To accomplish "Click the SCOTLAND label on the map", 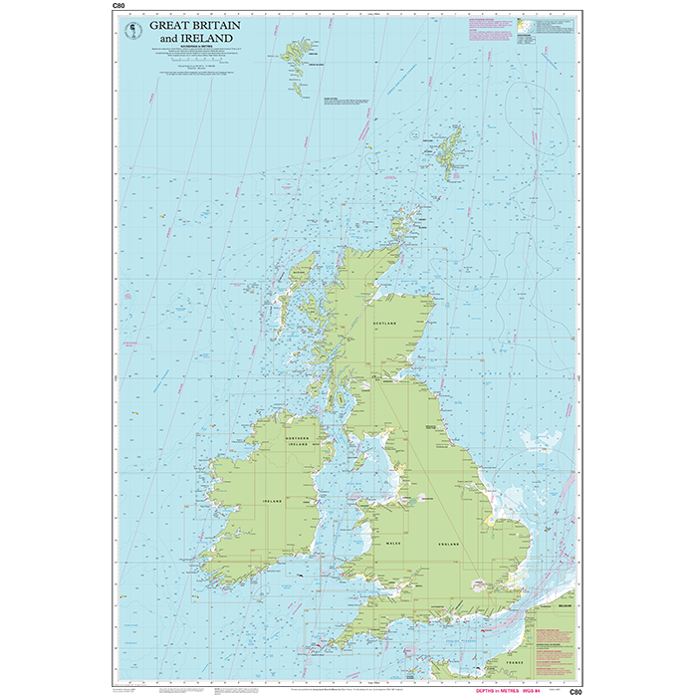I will tap(384, 325).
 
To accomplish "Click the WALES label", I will tap(392, 545).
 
